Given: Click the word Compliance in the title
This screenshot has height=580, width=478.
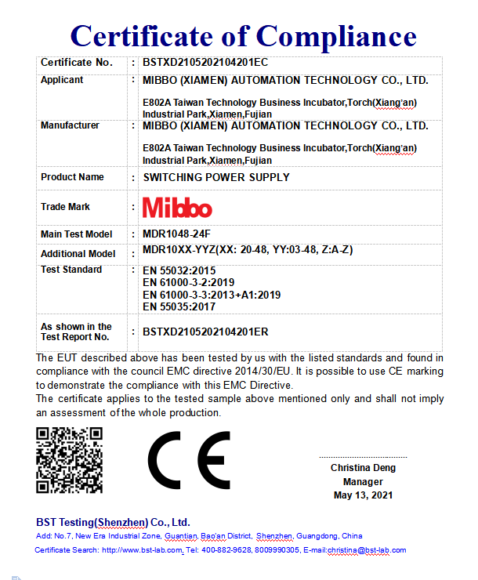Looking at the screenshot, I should click(x=337, y=35).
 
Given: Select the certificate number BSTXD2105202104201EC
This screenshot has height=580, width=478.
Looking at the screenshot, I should click(x=206, y=62).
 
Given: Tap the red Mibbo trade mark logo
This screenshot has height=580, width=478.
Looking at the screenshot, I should click(x=177, y=208).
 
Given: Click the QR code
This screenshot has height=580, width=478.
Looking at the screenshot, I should click(x=70, y=459).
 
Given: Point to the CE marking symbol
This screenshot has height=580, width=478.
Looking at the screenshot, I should click(x=189, y=460).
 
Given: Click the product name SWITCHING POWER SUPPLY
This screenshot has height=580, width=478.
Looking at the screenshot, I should click(x=215, y=177).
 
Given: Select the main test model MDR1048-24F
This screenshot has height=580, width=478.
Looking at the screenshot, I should click(x=176, y=234).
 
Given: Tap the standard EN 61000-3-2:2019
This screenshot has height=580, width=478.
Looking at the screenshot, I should click(x=189, y=282).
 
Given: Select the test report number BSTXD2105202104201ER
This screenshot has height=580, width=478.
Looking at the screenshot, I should click(x=206, y=332).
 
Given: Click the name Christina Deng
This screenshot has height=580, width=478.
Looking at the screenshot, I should click(x=363, y=468).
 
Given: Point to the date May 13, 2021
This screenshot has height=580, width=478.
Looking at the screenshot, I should click(x=363, y=495).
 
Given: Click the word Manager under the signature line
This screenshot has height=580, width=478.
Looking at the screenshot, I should click(x=363, y=481).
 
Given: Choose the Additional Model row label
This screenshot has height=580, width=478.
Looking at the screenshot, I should click(x=78, y=254).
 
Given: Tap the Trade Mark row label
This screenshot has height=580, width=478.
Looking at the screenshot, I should click(x=65, y=207).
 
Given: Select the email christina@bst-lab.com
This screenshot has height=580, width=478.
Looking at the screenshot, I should click(x=366, y=550).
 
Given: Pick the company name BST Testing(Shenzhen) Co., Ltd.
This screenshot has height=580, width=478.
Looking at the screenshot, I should click(x=113, y=522).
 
